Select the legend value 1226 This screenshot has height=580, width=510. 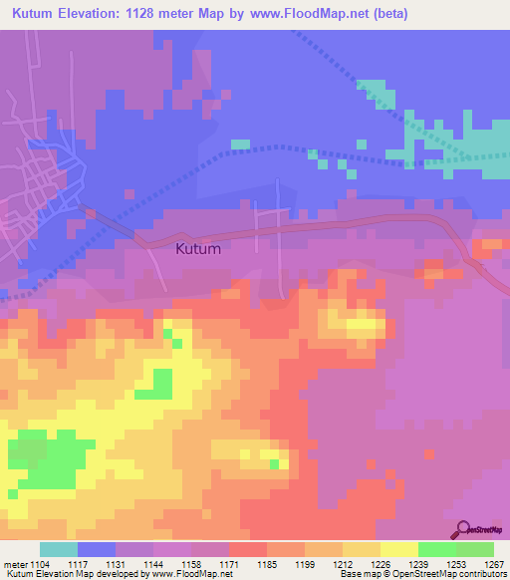(381, 563)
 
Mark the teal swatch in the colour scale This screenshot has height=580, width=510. (59, 549)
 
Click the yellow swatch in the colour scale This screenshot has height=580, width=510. (399, 549)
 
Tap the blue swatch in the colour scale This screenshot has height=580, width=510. (97, 549)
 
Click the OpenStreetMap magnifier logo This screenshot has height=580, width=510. (463, 529)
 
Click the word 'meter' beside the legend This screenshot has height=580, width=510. (14, 563)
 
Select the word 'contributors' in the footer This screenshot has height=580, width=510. (483, 574)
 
